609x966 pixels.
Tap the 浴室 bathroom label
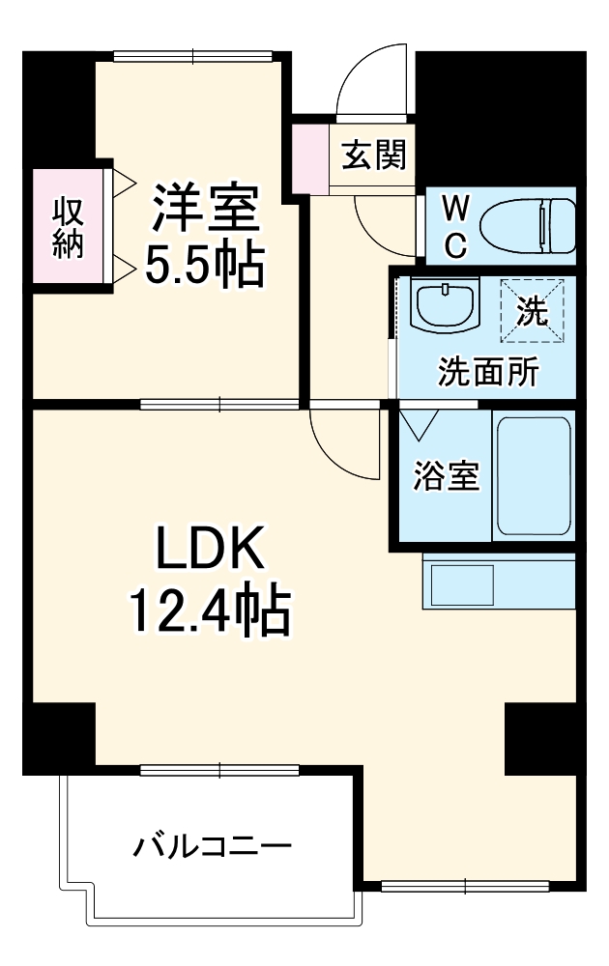(447, 475)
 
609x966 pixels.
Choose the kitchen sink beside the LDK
(461, 584)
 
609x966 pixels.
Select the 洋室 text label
(203, 208)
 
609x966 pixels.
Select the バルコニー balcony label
(212, 847)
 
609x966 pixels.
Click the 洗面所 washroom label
(488, 372)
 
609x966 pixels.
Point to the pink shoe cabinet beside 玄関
(310, 154)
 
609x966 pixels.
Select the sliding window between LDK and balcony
(219, 770)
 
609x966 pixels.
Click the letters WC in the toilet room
(456, 226)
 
